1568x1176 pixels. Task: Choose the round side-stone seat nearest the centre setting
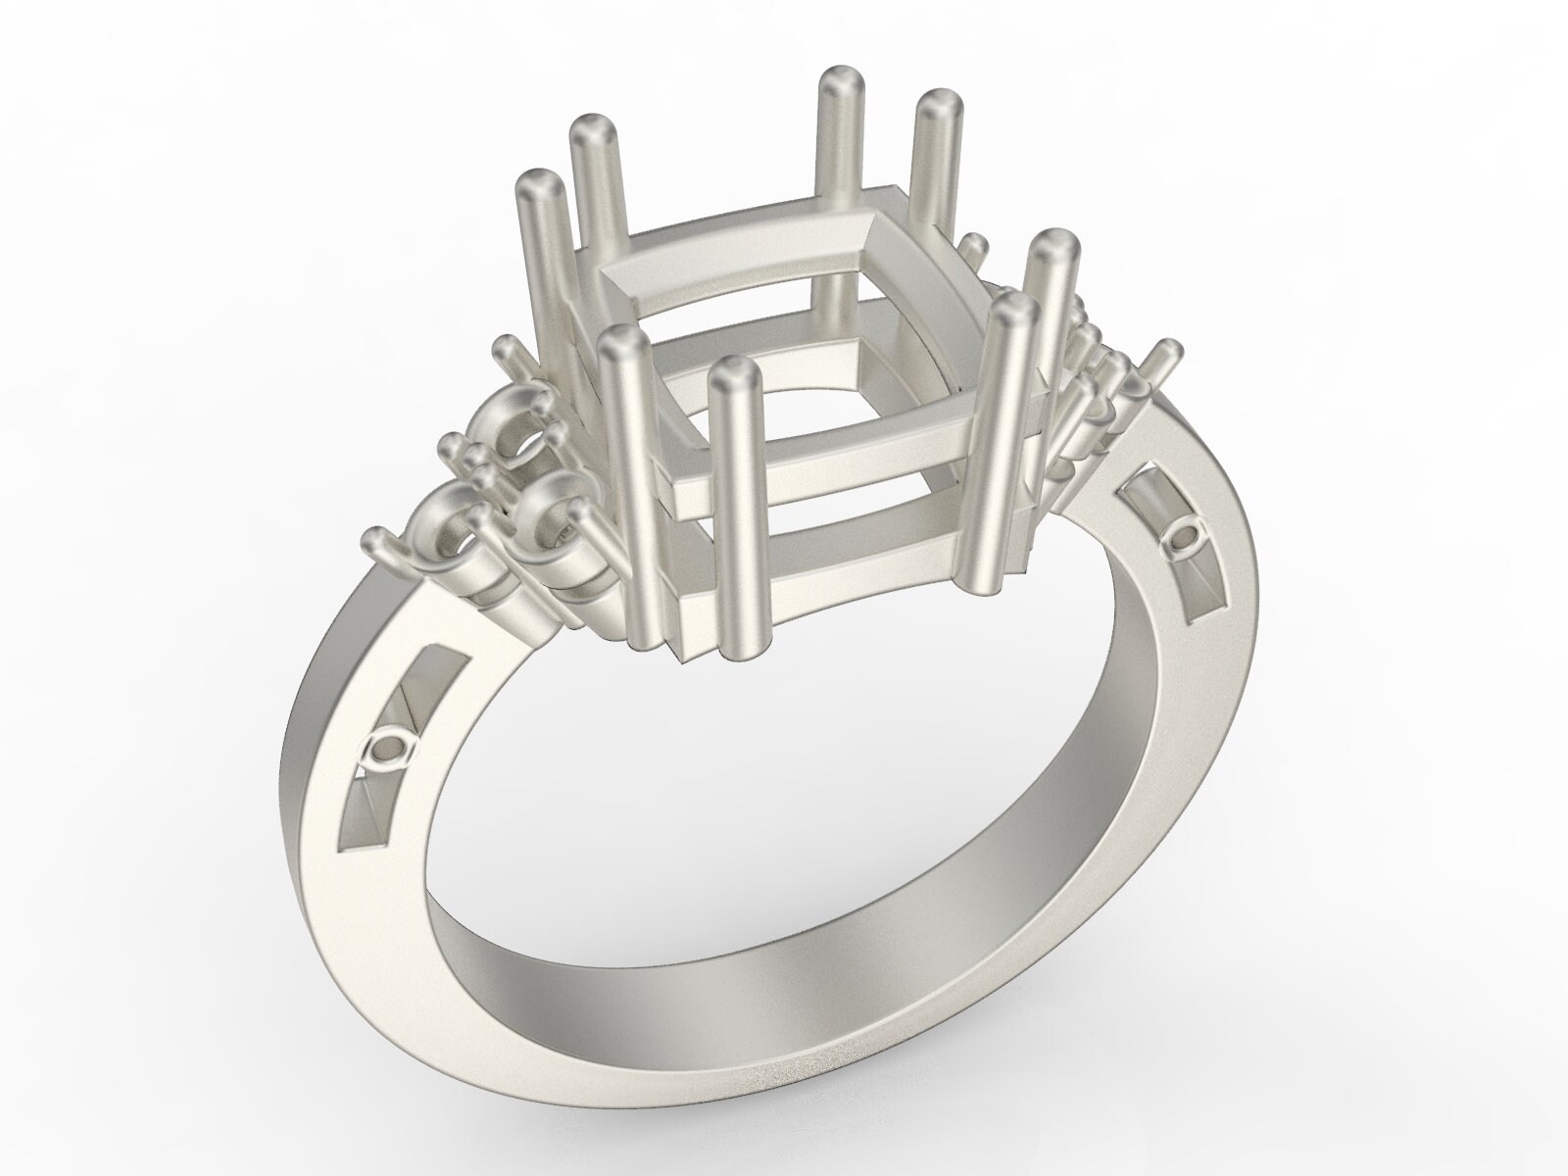tap(549, 500)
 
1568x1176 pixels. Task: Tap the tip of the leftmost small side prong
tap(374, 538)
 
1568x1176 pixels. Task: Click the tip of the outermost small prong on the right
tap(1168, 351)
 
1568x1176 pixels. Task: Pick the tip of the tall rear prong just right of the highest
tap(939, 103)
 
